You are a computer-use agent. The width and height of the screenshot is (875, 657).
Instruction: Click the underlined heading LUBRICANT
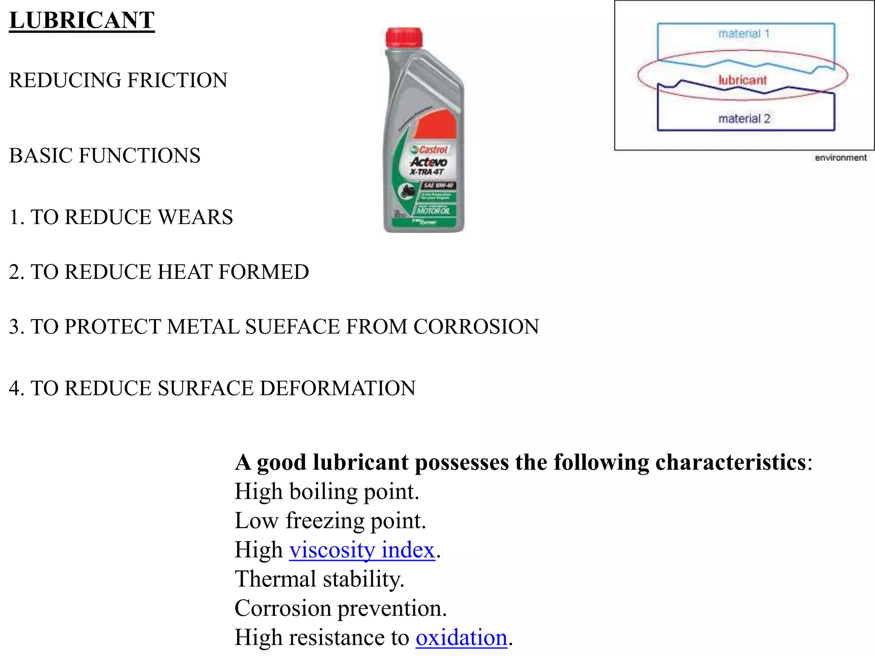point(82,20)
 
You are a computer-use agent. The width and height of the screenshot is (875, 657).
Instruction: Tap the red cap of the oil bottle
point(404,38)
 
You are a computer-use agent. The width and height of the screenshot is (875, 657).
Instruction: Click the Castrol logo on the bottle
point(429,150)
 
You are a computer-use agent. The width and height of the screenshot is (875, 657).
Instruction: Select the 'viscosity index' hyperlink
point(362,550)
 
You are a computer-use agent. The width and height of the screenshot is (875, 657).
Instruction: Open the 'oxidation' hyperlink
point(461,637)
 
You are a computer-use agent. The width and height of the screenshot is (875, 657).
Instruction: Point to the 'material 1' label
point(744,33)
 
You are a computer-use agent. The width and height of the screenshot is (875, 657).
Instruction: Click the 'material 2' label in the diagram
point(744,118)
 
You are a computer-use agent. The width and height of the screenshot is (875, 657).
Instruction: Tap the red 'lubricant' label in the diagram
point(743,80)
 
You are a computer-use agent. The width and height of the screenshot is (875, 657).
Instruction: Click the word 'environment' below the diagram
point(840,158)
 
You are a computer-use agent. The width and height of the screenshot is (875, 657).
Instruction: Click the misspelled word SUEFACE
point(292,327)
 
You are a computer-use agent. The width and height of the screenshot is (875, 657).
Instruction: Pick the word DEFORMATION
point(338,388)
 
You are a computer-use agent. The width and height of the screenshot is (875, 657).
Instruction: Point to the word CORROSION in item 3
point(476,327)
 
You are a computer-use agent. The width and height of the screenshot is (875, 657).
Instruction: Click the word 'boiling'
point(323,491)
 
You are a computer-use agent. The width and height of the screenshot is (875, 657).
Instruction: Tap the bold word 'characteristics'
point(731,462)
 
